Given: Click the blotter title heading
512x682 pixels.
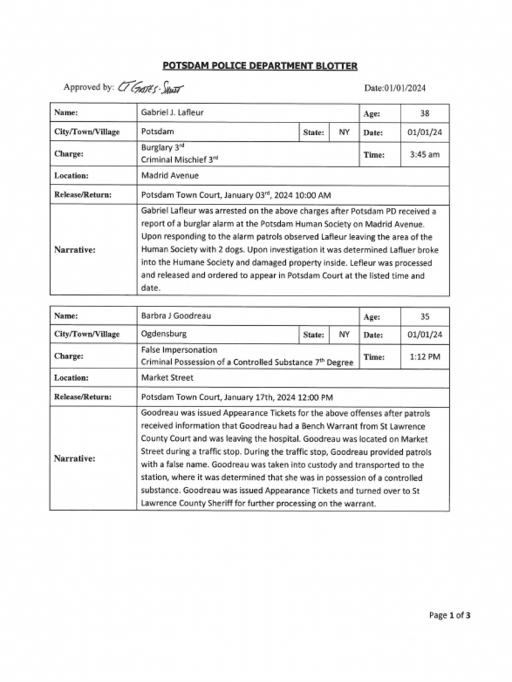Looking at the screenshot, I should point(260,65).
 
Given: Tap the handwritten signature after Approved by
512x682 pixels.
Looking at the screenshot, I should point(150,87).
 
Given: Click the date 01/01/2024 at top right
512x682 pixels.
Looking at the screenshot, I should point(395,88).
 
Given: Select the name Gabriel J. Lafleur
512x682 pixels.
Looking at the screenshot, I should point(172,113).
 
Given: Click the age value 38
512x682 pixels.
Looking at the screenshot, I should point(425,113).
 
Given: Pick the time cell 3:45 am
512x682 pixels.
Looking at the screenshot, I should point(425,155).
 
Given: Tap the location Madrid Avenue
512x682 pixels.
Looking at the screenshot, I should point(170,176).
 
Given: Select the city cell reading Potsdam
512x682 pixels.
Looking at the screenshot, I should point(157,132).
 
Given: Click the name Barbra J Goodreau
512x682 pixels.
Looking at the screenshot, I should point(175,316).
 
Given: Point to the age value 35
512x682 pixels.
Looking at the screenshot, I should point(425,316).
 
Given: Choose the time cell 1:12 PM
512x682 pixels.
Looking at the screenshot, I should point(425,357).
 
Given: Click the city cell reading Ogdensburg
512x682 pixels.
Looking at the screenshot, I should point(164,334).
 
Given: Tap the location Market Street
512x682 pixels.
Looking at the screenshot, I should point(167,378).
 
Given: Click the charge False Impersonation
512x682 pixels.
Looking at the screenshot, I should point(179,350).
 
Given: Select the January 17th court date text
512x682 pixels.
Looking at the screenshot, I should point(237,397).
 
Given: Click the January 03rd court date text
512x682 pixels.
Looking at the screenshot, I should point(236,195).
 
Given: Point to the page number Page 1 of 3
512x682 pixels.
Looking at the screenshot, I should point(449,615).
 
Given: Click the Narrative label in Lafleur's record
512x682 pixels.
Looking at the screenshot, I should point(75,250).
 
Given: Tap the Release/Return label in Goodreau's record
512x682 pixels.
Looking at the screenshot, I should point(83,397).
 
